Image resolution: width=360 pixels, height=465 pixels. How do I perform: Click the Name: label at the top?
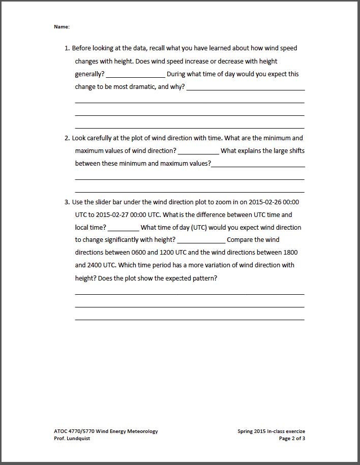[x=62, y=26]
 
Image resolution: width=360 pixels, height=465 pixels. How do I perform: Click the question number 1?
[x=67, y=48]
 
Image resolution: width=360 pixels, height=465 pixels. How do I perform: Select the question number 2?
[x=67, y=138]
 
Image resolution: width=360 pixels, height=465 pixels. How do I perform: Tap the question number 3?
[x=67, y=202]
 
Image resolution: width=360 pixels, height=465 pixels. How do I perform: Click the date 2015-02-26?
[x=265, y=202]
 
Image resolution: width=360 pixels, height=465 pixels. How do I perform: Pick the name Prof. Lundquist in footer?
[x=72, y=439]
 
